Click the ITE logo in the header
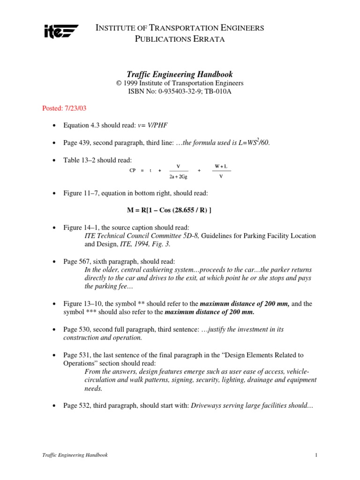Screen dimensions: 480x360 60,32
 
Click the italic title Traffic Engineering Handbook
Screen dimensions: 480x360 180,75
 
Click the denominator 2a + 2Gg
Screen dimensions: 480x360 179,177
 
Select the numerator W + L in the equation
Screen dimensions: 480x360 221,166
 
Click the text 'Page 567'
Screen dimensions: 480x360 75,261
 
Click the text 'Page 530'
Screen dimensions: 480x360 75,330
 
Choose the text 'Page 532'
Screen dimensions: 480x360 75,406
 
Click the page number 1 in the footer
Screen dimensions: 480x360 317,455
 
